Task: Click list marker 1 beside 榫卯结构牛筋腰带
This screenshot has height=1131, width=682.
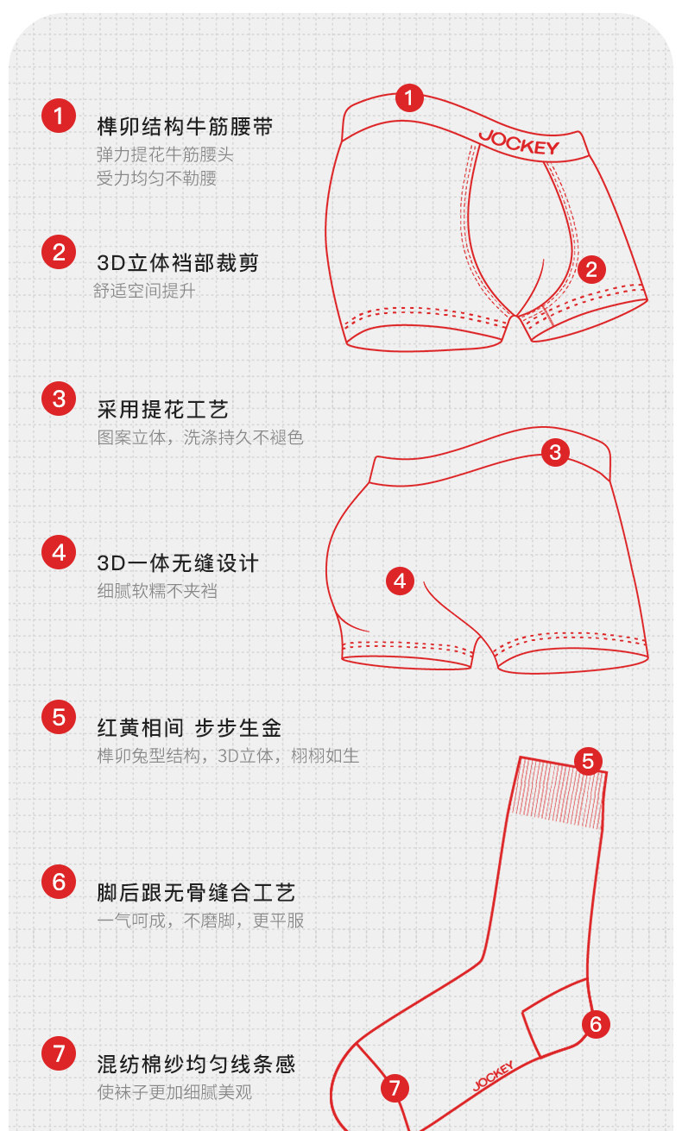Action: (59, 116)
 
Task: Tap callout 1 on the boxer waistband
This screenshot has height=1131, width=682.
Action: (409, 98)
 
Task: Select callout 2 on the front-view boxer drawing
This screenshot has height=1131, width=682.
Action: (591, 270)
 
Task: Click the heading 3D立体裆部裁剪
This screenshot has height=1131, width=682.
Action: (177, 262)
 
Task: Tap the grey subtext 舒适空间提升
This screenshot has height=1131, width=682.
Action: (144, 291)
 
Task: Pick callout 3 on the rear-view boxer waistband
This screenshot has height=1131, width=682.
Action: (555, 452)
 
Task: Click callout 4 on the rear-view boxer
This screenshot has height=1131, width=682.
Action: (400, 581)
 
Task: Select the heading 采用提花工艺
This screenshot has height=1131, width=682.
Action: (162, 410)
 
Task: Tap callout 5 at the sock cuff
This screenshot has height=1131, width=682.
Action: (588, 762)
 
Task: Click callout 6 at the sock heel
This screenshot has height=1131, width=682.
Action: (596, 1025)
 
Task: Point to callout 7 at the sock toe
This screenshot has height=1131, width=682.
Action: (395, 1088)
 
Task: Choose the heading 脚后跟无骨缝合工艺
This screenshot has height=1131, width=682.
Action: (196, 893)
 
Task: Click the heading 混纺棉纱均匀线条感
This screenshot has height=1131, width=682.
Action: (196, 1064)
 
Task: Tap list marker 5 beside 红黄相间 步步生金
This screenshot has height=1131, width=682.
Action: (59, 717)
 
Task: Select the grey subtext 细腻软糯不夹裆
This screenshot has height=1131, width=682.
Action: (157, 591)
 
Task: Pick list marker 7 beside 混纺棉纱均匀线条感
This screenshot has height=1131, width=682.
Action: (59, 1053)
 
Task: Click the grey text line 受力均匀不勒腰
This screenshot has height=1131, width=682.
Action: (156, 179)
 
